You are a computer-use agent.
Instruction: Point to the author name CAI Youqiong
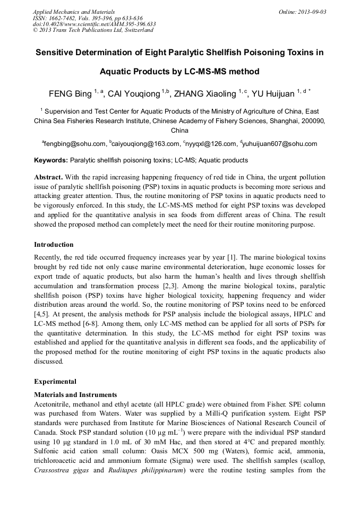point(134,94)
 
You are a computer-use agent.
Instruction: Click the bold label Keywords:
point(51,160)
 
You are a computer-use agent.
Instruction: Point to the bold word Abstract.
point(49,177)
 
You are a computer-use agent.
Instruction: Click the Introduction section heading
point(54,245)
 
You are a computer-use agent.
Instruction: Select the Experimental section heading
point(55,381)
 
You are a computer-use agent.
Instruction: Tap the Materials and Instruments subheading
point(75,394)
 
